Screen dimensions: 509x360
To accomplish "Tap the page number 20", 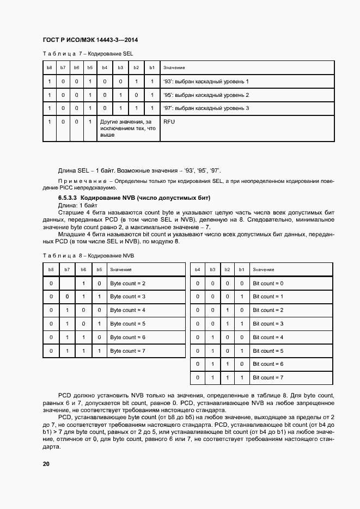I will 46,464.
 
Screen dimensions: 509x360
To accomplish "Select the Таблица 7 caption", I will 88,53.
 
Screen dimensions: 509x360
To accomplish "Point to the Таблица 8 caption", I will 88,255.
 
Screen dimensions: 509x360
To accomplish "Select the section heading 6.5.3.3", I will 134,198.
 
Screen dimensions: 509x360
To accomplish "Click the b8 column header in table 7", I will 50,68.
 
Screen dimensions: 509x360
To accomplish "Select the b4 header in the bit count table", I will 197,269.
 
